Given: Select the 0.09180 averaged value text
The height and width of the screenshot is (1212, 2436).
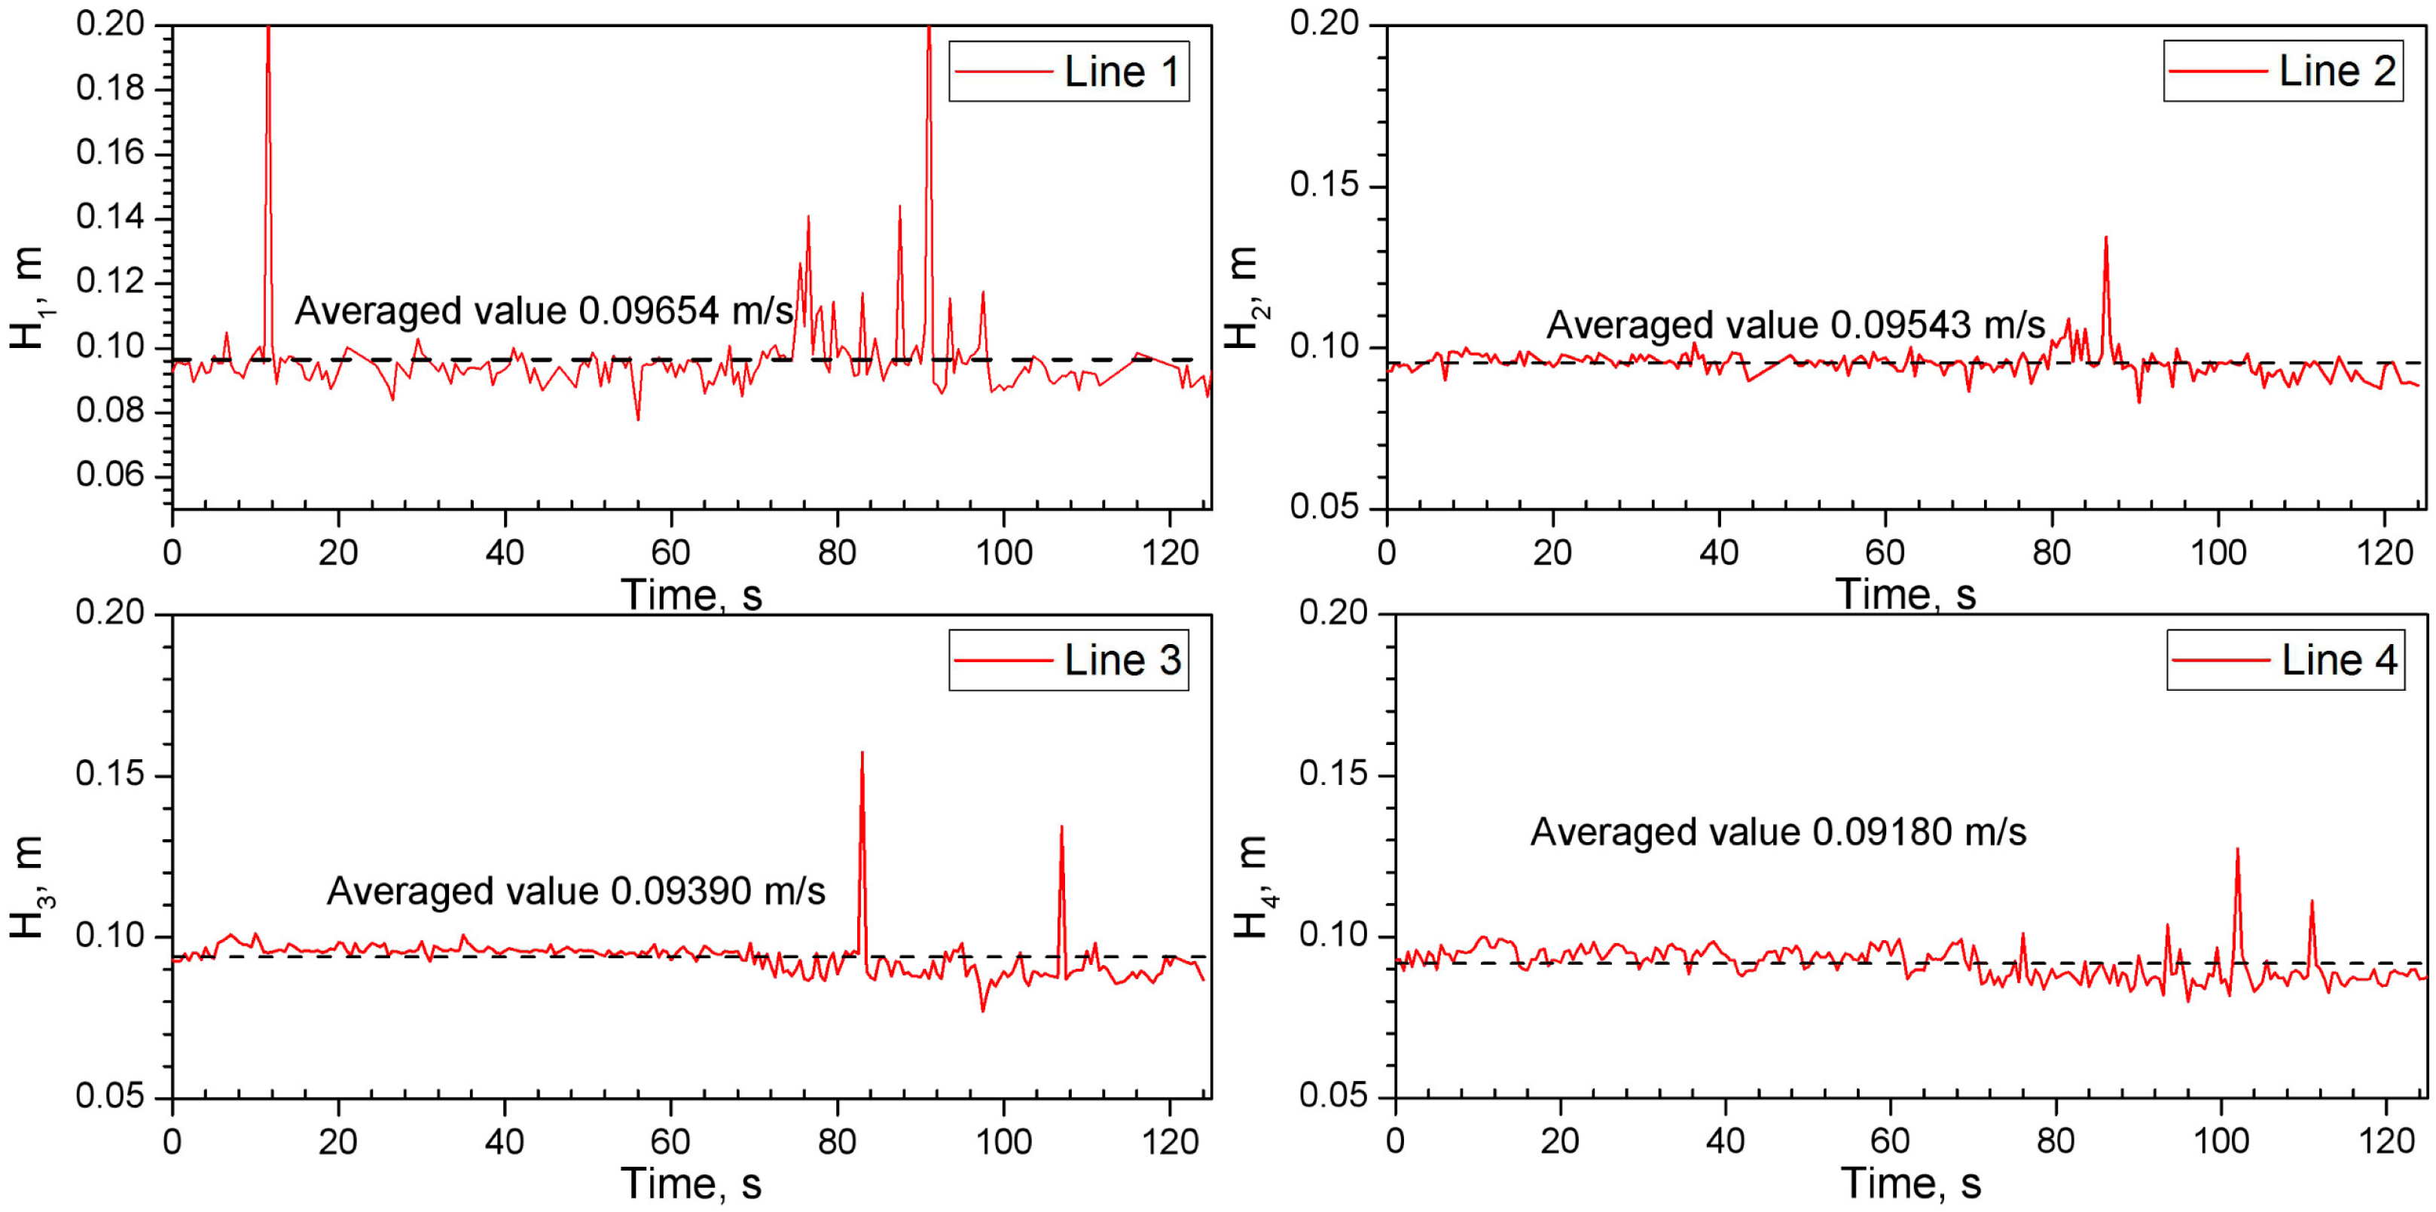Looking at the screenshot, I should (1882, 832).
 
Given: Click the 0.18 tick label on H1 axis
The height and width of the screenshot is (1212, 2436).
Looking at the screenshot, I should (111, 89).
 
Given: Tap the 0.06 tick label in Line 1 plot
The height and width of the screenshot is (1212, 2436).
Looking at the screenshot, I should (111, 475).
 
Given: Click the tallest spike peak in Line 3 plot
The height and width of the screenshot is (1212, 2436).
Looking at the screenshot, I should (862, 753).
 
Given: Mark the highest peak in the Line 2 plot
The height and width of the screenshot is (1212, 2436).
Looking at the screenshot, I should (2106, 237).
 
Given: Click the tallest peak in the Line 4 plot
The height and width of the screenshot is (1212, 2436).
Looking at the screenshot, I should (2237, 849).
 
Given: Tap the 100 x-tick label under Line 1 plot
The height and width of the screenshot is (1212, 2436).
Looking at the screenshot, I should (1003, 552).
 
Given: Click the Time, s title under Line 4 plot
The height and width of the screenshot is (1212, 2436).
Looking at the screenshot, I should (1910, 1183).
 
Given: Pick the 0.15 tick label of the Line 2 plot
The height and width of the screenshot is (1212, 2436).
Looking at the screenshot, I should (1324, 185).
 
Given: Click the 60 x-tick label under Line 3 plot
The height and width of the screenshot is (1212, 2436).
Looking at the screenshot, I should (670, 1142).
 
